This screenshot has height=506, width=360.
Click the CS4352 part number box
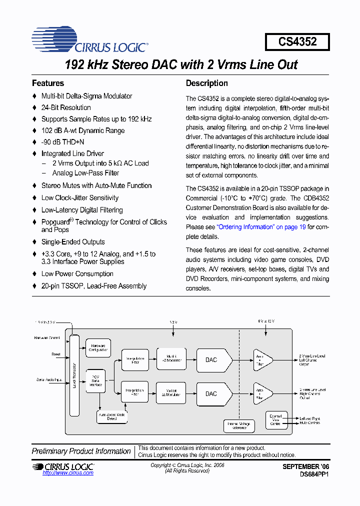pos(297,42)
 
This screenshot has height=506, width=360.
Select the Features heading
pos(48,83)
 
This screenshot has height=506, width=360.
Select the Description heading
pos(206,83)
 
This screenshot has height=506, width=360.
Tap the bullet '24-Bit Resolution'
pos(66,107)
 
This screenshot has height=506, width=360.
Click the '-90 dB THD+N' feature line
pos(62,142)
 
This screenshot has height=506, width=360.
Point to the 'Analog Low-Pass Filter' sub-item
pos(85,173)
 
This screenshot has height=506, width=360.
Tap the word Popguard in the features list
pos(55,222)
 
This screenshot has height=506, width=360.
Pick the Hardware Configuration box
pos(98,348)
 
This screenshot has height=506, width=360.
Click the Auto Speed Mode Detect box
pos(111,416)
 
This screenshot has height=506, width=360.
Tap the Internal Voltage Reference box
pos(239,425)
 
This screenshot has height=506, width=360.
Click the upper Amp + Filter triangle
pos(261,359)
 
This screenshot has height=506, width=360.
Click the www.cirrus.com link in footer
pos(61,473)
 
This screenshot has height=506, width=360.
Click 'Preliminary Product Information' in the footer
pos(81,451)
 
